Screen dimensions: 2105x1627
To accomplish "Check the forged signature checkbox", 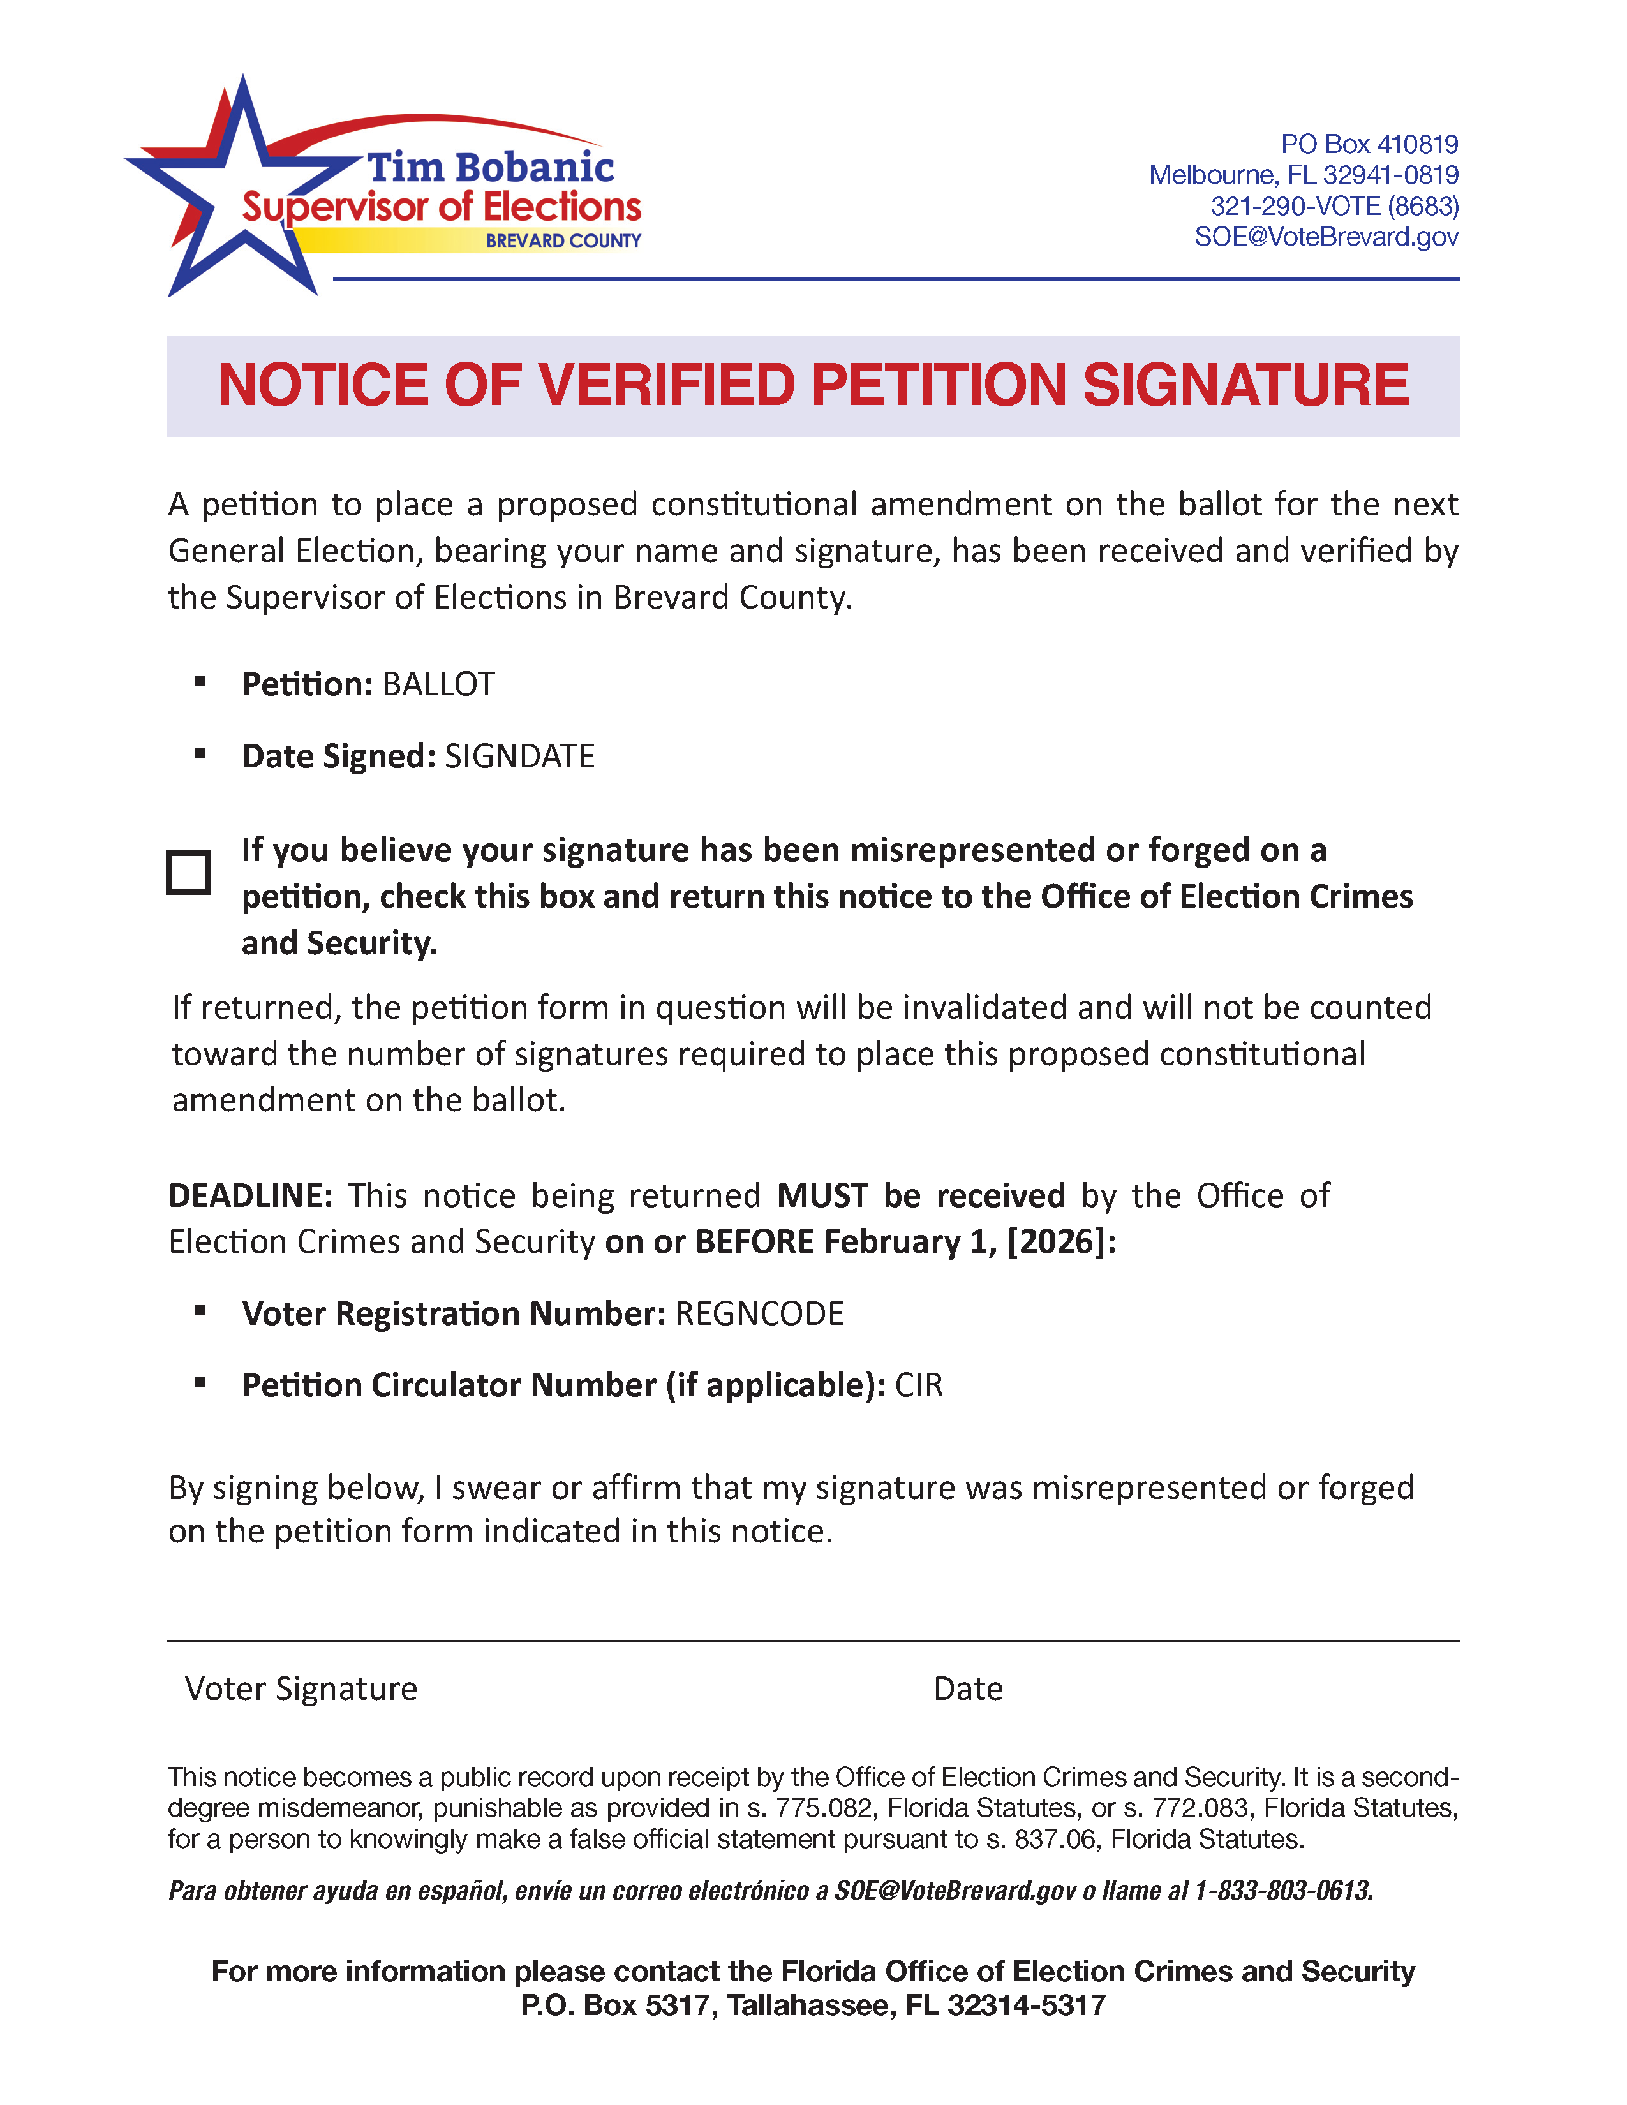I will tap(189, 872).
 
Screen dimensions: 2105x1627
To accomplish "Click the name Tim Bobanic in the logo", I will tap(489, 168).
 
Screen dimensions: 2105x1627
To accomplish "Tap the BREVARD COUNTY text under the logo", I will tap(563, 241).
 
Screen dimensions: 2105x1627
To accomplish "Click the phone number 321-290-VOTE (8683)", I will tap(1334, 206).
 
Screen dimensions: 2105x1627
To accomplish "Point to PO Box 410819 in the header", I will tap(1369, 145).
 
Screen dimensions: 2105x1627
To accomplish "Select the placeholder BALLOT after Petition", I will tap(438, 684).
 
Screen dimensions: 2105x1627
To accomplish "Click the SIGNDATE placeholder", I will tap(519, 757).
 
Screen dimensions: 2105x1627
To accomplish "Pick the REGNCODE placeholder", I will tap(759, 1313).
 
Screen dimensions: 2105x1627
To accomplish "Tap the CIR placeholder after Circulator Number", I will tap(919, 1385).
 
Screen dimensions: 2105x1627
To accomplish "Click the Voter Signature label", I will tap(301, 1688).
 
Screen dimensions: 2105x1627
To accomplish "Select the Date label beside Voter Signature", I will tap(968, 1688).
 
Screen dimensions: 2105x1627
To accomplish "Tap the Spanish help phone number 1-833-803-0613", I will tap(1283, 1891).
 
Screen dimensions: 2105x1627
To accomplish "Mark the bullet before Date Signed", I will tap(200, 755).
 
